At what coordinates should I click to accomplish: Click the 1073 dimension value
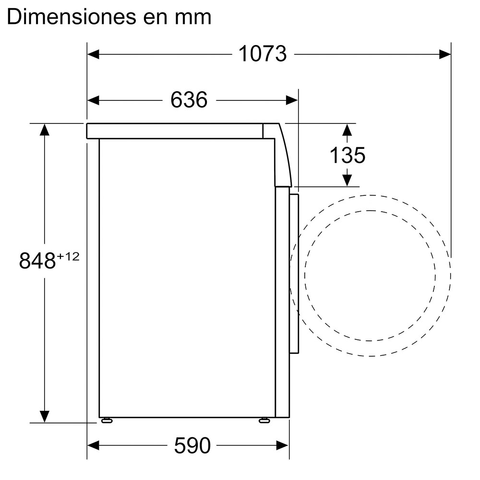pyautogui.click(x=262, y=54)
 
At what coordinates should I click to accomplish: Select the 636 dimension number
pyautogui.click(x=189, y=100)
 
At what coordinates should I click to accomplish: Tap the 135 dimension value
pyautogui.click(x=347, y=155)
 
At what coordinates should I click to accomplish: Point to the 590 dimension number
pyautogui.click(x=192, y=446)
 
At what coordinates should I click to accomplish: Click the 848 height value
pyautogui.click(x=37, y=261)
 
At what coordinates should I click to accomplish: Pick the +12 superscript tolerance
pyautogui.click(x=68, y=257)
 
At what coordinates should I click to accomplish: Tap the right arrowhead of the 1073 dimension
pyautogui.click(x=445, y=54)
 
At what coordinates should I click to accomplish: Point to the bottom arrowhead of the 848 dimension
pyautogui.click(x=45, y=416)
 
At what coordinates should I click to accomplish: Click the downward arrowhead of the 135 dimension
pyautogui.click(x=347, y=180)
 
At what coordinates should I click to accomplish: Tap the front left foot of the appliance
pyautogui.click(x=107, y=421)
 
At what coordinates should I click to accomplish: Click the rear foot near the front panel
pyautogui.click(x=264, y=421)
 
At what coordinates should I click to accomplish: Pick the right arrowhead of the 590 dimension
pyautogui.click(x=283, y=446)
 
